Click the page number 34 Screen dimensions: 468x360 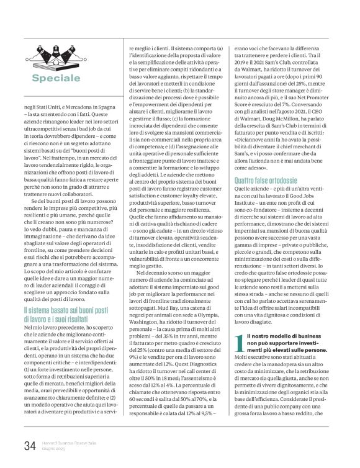point(29,446)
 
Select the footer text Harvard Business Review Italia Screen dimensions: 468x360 point(67,442)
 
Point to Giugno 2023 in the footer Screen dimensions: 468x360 point(54,449)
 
